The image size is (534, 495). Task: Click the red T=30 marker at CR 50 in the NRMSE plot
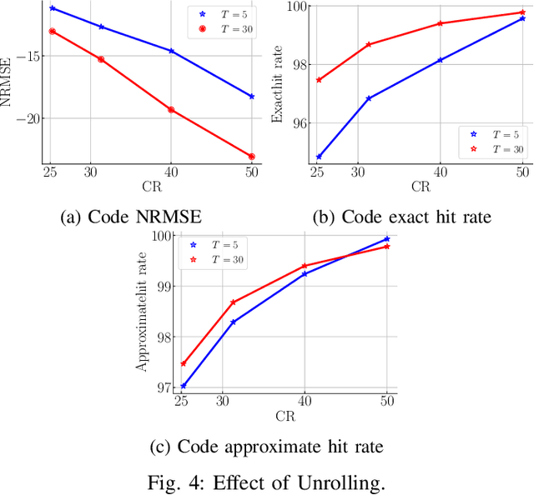(x=251, y=156)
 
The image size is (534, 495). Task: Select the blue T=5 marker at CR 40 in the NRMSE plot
(x=171, y=51)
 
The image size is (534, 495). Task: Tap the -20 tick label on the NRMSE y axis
(x=28, y=118)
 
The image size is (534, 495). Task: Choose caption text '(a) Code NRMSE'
(x=131, y=217)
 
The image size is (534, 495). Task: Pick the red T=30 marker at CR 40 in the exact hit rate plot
(x=440, y=23)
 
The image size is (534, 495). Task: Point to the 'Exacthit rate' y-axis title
(x=279, y=83)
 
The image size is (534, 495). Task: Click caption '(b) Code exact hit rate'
(x=401, y=217)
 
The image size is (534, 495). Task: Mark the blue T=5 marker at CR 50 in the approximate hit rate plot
(x=386, y=239)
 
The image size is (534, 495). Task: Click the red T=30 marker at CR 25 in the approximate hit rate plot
(x=184, y=363)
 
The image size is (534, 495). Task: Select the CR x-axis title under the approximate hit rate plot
(x=284, y=416)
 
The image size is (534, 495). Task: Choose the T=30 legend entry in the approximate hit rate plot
(x=216, y=260)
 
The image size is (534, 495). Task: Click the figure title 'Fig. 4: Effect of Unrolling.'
(x=266, y=481)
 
